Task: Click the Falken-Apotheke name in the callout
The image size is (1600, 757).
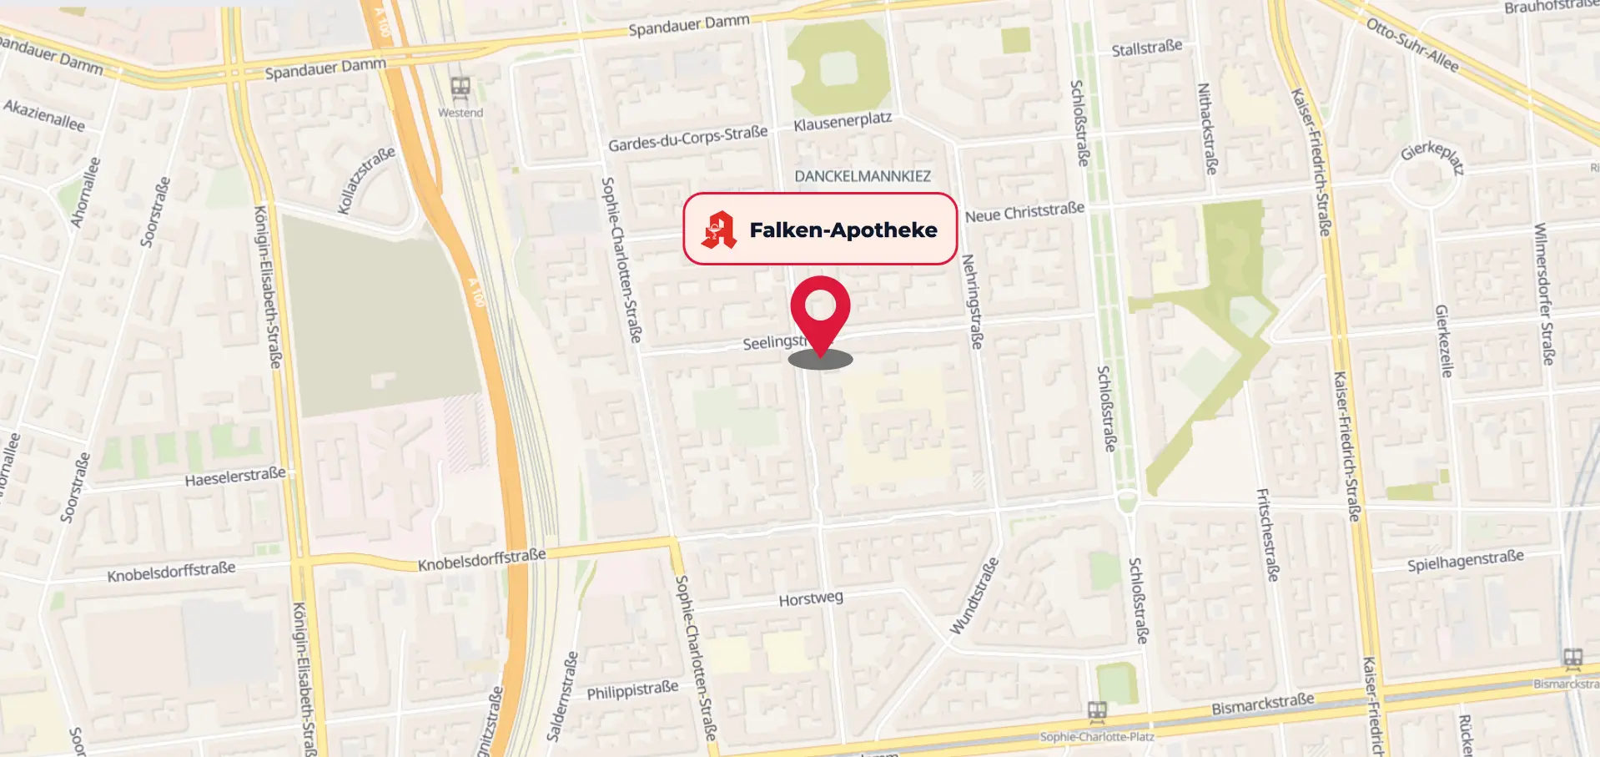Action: point(843,230)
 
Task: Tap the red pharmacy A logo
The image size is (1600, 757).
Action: point(719,230)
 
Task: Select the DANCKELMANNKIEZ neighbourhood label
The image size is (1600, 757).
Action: point(862,176)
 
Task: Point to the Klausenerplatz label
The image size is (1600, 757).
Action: point(843,122)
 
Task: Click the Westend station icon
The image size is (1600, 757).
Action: point(460,86)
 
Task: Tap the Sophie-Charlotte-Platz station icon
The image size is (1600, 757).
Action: point(1097,712)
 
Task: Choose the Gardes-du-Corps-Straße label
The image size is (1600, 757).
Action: point(687,139)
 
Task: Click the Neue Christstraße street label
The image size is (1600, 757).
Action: point(1024,212)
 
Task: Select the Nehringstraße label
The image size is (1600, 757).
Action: point(973,301)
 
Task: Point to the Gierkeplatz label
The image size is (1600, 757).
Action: point(1432,156)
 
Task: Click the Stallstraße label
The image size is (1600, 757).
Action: point(1146,48)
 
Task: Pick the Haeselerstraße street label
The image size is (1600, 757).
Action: point(235,477)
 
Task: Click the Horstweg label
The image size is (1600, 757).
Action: point(810,598)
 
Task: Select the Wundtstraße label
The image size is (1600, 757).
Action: point(974,596)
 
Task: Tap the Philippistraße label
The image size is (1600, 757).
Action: point(632,691)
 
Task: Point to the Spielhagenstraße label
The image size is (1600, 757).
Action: point(1465,560)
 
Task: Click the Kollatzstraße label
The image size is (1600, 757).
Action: point(366,180)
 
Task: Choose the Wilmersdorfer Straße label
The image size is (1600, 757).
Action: point(1544,294)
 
